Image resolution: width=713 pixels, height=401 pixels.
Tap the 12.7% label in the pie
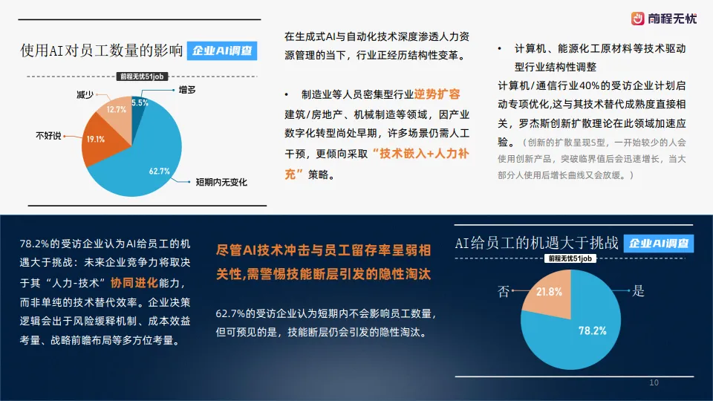[117, 110]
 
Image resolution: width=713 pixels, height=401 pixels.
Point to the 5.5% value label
[140, 102]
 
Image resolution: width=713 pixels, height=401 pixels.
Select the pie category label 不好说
[49, 136]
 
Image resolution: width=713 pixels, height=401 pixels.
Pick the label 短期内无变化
[221, 182]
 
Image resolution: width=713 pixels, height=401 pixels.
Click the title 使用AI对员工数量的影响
[102, 51]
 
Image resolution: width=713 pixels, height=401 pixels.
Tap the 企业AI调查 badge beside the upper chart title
[221, 51]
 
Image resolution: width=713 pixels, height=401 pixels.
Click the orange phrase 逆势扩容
[437, 94]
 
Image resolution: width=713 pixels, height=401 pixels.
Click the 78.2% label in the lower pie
[592, 330]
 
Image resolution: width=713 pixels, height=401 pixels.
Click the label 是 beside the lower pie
[637, 292]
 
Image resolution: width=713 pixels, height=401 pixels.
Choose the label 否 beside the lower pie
[503, 292]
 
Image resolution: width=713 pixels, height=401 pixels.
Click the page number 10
[654, 382]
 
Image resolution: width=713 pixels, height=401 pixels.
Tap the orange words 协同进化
[134, 284]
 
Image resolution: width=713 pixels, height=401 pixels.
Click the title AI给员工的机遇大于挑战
[536, 244]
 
